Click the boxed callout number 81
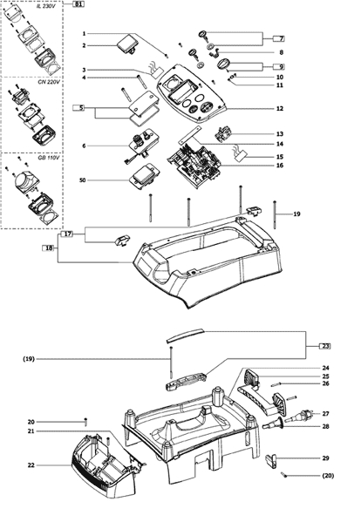[x=78, y=4]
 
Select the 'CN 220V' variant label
[x=50, y=82]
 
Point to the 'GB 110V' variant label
[x=50, y=158]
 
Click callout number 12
[x=280, y=109]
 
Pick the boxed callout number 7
[x=279, y=38]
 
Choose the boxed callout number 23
[x=325, y=346]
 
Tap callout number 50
[x=82, y=180]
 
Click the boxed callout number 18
[x=49, y=248]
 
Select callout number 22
[x=31, y=465]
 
